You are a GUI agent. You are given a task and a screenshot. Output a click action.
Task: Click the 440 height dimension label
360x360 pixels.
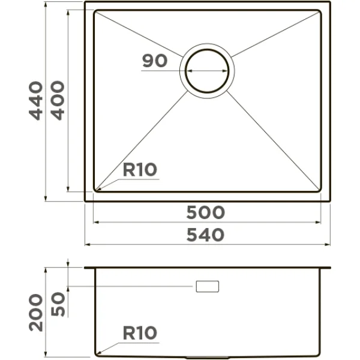pyautogui.click(x=37, y=100)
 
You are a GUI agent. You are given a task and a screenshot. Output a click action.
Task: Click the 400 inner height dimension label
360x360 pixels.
pyautogui.click(x=58, y=100)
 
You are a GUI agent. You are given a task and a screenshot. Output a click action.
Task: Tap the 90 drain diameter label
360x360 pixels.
pyautogui.click(x=154, y=61)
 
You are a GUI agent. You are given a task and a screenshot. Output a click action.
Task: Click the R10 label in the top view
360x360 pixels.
pyautogui.click(x=139, y=170)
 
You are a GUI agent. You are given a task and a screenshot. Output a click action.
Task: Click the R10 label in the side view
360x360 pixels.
pyautogui.click(x=139, y=332)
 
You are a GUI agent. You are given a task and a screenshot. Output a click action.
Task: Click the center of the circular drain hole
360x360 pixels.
pyautogui.click(x=207, y=70)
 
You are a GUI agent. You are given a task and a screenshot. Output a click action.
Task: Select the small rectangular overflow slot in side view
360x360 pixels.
pyautogui.click(x=207, y=286)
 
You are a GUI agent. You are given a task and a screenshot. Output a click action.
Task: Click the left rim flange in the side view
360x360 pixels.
pyautogui.click(x=89, y=268)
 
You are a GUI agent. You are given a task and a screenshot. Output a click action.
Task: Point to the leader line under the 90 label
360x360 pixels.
pyautogui.click(x=161, y=70)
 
